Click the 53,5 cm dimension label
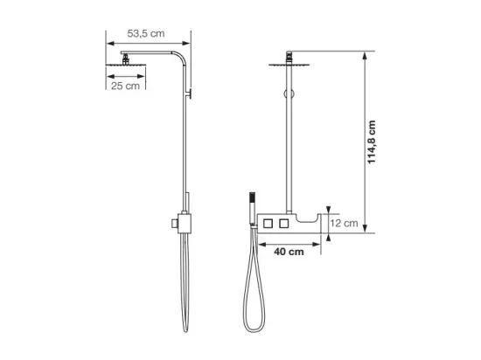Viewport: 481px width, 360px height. coord(146,33)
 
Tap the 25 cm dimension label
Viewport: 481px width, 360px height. coord(125,86)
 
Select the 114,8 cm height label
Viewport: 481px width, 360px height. coord(372,142)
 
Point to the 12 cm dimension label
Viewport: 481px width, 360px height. coord(344,223)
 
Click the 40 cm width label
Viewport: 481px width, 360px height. coord(289,252)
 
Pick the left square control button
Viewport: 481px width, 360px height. coord(268,224)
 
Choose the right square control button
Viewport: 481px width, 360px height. coord(283,224)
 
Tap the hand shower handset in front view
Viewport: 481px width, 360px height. coord(252,210)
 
